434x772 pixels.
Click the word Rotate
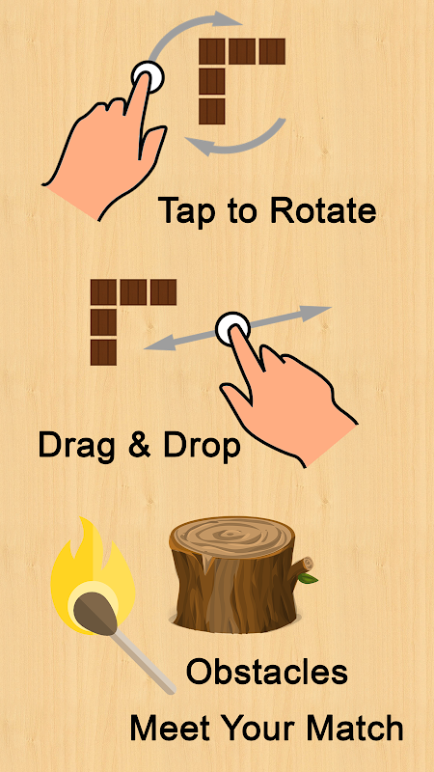point(323,210)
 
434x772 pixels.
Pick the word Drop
point(202,447)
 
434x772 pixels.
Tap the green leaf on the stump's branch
point(308,577)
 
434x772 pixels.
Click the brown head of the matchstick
point(95,612)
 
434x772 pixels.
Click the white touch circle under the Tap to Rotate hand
point(148,77)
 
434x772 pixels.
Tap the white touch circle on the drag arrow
point(232,328)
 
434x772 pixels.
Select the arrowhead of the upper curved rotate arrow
point(228,20)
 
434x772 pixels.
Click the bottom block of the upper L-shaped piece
point(212,111)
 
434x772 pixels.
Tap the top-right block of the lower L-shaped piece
point(163,292)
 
